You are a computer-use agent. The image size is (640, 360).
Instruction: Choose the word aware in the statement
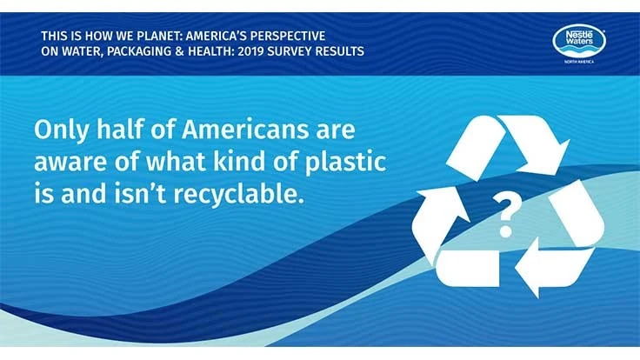pyautogui.click(x=66, y=163)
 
